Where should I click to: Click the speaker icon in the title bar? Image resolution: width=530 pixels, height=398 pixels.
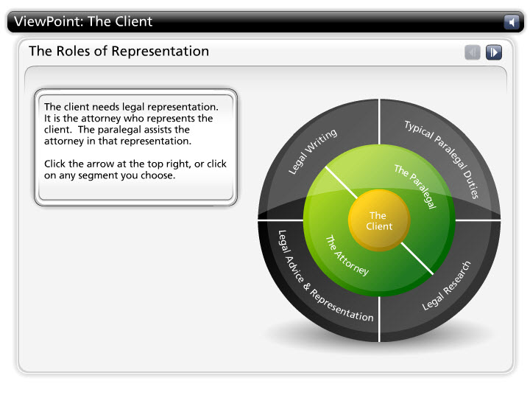click(x=512, y=22)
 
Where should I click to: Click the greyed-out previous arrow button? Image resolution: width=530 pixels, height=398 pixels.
click(x=472, y=52)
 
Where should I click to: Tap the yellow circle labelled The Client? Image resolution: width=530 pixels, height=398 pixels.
click(x=379, y=220)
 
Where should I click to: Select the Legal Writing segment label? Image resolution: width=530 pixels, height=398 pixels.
click(x=312, y=151)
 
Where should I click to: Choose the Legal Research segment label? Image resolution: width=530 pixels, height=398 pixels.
click(x=446, y=286)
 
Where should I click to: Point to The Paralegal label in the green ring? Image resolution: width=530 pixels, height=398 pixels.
click(x=416, y=186)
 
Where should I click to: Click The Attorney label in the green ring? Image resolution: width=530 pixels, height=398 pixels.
click(x=347, y=256)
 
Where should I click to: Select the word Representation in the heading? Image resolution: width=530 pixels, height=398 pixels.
click(x=160, y=52)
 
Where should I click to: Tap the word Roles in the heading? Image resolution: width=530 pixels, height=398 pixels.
click(x=74, y=51)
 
